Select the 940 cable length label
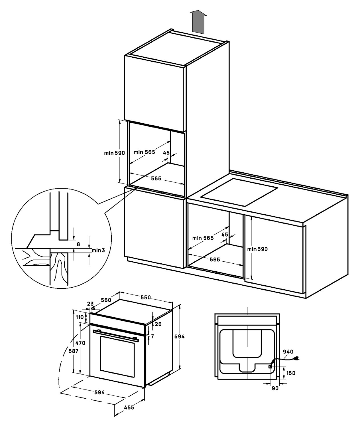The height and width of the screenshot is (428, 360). tap(288, 352)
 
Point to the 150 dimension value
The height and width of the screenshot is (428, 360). tap(291, 373)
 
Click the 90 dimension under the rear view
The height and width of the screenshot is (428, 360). tap(275, 388)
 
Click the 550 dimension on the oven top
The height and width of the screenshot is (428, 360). tap(146, 297)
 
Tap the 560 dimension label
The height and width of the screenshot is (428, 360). tap(106, 300)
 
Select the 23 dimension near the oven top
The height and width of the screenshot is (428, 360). tap(90, 304)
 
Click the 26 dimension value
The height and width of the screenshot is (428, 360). tap(158, 324)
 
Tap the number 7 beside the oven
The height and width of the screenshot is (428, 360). tap(152, 336)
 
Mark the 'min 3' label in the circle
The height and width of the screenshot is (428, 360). tap(98, 250)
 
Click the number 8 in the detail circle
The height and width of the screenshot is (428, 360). tap(78, 244)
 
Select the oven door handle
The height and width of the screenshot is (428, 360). tap(116, 336)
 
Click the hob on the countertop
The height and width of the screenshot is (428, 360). tap(239, 192)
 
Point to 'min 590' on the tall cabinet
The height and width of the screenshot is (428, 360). tap(115, 153)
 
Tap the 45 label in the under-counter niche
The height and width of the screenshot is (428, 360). tap(225, 235)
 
